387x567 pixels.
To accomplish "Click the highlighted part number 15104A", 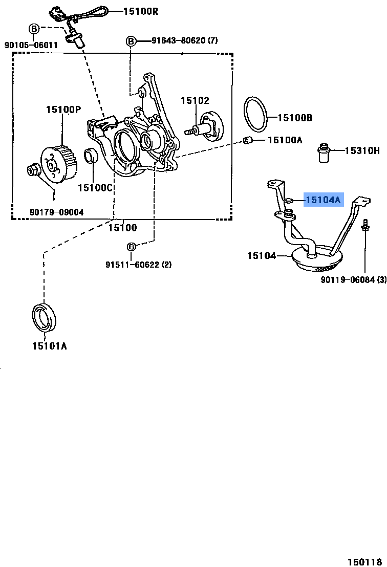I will pos(322,200).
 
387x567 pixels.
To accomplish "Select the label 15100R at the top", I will pos(140,10).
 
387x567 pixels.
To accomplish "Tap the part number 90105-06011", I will pos(31,45).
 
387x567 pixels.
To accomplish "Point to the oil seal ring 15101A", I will pos(44,317).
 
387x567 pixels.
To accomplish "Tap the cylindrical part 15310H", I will pos(324,153).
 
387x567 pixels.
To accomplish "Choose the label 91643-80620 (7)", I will pos(184,40).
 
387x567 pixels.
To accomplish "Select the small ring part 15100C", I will pos(91,156).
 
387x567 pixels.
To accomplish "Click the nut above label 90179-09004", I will pos(33,170).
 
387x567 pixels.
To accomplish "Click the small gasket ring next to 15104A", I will pos(289,201).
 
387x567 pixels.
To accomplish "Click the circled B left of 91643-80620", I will pos(131,40).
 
